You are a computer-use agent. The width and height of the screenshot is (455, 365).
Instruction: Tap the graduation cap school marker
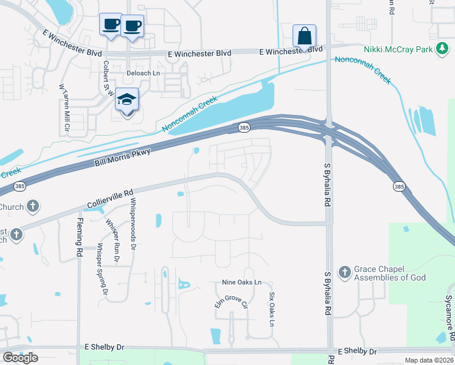(127, 100)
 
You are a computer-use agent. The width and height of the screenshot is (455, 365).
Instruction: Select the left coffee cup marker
(111, 25)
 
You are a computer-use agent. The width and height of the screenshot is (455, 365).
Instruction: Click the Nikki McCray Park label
(398, 49)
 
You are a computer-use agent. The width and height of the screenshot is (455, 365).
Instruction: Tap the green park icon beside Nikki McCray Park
(443, 49)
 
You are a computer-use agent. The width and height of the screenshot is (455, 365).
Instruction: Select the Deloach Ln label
(142, 73)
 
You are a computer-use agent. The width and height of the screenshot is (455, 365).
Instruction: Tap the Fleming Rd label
(80, 237)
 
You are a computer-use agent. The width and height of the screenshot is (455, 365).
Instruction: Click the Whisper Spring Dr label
(103, 270)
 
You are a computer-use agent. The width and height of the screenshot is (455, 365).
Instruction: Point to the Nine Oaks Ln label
(241, 282)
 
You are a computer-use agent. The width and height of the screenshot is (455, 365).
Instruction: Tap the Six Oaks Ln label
(271, 307)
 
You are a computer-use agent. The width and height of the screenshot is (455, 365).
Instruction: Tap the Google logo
(20, 358)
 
